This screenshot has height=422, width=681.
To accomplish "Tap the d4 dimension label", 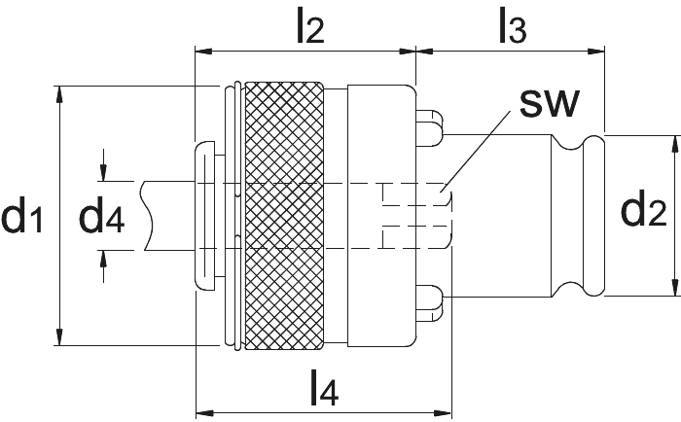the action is pos(101,215).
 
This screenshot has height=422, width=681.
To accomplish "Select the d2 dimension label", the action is pos(644,211).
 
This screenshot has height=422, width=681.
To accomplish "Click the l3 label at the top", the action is pos(513,26).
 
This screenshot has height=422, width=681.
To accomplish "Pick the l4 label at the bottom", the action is pos(324,388).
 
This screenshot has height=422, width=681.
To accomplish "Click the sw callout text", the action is pos(550,103).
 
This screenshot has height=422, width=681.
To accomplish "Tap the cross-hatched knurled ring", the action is pos(284,216).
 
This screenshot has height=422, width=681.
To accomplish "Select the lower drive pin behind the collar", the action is pos(429,303).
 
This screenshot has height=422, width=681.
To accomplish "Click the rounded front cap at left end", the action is pos(204,215).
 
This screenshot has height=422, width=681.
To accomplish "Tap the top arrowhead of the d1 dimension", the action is pos(59,94).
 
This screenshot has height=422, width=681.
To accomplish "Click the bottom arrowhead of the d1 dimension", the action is pos(59,336).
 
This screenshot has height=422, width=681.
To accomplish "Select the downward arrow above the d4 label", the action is pos(103,165).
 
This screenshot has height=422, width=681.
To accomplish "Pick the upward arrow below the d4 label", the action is pos(103,266).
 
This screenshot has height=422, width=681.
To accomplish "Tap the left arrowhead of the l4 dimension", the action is pos(205,411).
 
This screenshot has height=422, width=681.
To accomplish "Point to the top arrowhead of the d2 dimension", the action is pos(675,144).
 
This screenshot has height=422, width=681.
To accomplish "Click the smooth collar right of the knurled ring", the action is pos(381,216).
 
